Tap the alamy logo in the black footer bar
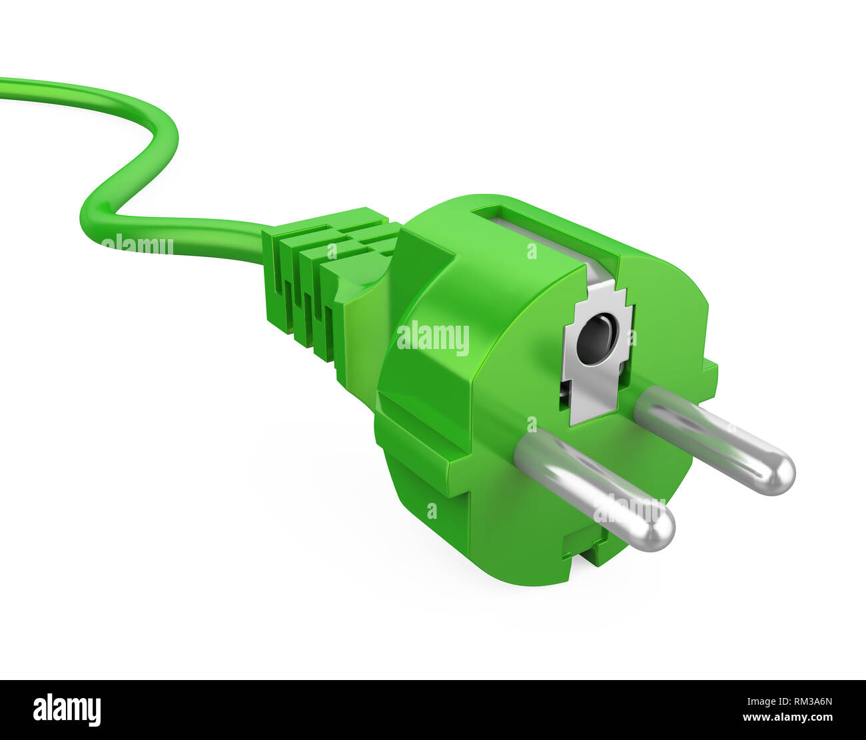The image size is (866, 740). pos(67,709)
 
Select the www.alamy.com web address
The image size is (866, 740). pos(787,718)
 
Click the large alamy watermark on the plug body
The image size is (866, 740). pos(433,338)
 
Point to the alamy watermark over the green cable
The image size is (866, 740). pos(137,244)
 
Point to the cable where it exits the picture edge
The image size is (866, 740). pos(3,87)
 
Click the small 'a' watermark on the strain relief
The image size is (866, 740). pos(332,251)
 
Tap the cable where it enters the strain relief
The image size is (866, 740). pos(264,240)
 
